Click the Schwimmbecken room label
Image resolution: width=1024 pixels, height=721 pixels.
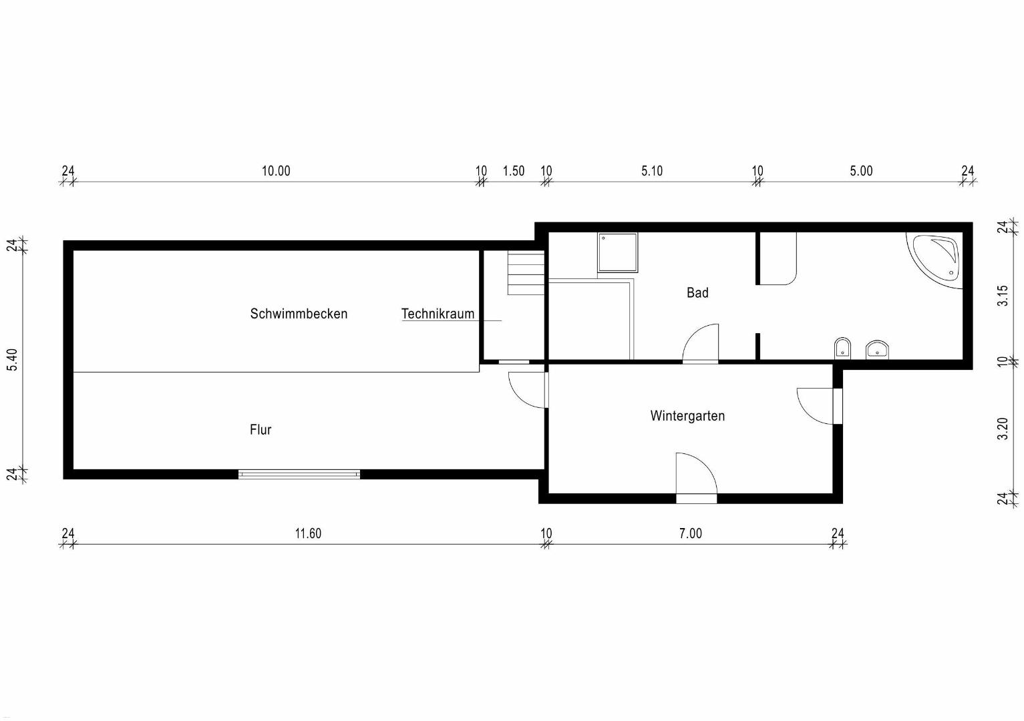click(299, 314)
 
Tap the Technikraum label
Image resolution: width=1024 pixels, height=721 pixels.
click(438, 314)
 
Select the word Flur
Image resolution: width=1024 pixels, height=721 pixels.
click(261, 429)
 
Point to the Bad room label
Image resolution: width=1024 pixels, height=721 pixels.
click(697, 292)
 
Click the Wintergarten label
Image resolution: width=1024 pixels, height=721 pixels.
click(687, 416)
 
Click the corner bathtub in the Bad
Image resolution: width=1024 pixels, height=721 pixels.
click(935, 260)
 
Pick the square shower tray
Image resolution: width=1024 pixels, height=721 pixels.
click(617, 252)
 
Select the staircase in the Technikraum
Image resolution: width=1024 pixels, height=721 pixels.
click(526, 273)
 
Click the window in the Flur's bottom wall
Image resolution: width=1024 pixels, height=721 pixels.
click(299, 474)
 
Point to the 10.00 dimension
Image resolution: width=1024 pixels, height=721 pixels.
click(276, 171)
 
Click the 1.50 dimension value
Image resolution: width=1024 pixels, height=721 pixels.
click(514, 171)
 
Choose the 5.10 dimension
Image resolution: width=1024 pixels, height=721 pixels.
click(651, 171)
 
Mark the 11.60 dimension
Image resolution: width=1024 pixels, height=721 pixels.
click(308, 533)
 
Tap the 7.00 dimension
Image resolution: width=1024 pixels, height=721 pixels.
click(690, 533)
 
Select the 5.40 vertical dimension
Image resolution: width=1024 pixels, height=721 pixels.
click(12, 360)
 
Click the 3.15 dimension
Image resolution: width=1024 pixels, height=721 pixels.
click(1003, 296)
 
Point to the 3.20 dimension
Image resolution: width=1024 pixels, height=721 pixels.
click(1003, 429)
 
